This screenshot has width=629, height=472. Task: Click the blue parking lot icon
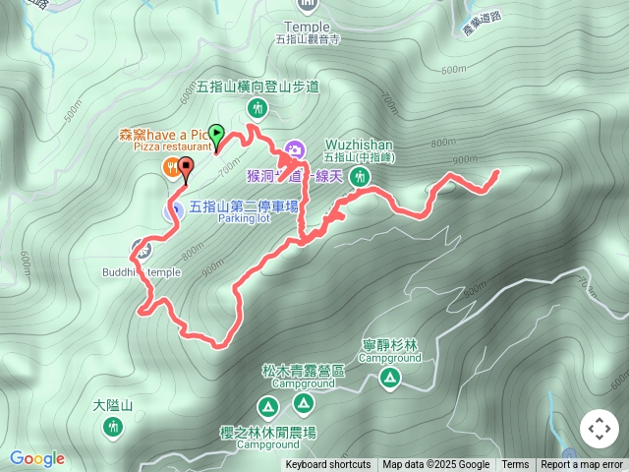[x=170, y=208]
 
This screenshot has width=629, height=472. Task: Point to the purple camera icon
[x=293, y=150]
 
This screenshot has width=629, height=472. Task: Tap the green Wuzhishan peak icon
[x=361, y=177]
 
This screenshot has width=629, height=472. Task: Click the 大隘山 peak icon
[x=111, y=426]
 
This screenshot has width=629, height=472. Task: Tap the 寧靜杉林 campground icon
[x=390, y=379]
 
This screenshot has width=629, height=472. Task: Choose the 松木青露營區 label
[x=303, y=371]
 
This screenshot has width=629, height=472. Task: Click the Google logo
[x=37, y=458]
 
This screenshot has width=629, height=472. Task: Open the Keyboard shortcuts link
[x=328, y=465]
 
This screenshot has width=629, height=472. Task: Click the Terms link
[x=515, y=465]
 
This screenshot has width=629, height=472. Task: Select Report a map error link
[x=582, y=465]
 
